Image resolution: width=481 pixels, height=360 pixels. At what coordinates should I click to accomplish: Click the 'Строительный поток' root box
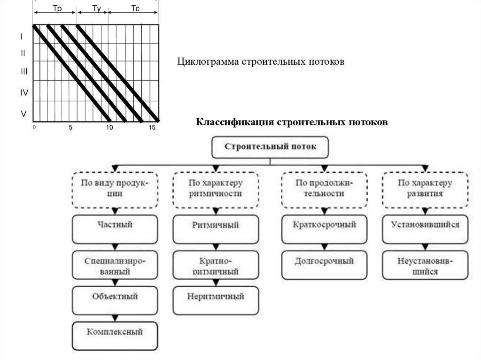(270, 147)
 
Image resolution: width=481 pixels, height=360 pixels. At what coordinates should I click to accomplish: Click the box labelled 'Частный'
(115, 229)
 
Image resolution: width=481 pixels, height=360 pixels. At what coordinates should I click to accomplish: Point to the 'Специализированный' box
(115, 265)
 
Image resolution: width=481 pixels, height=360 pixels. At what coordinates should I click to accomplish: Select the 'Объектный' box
(115, 300)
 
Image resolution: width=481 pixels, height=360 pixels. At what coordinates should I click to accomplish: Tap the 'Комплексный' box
(115, 336)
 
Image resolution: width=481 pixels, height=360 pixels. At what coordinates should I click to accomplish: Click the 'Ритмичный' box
(216, 229)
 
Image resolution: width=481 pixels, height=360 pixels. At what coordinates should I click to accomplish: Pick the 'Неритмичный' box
(216, 300)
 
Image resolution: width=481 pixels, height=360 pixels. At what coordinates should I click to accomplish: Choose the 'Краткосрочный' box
(324, 229)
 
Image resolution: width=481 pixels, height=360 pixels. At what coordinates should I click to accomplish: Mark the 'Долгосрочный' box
(324, 265)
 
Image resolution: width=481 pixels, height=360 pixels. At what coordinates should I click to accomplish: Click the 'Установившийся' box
(425, 229)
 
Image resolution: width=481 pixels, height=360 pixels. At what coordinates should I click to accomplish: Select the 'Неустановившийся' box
(425, 265)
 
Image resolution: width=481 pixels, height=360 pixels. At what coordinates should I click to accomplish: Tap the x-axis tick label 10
(109, 128)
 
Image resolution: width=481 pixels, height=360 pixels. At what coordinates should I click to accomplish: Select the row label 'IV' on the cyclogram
(24, 93)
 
